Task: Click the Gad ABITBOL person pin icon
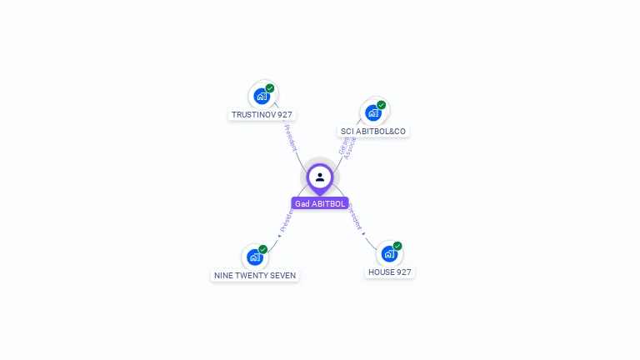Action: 320,177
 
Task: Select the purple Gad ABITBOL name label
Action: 320,203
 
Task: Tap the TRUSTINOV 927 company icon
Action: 262,96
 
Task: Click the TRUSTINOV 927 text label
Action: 262,114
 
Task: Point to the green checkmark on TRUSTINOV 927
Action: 270,88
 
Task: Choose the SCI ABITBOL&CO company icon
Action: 373,112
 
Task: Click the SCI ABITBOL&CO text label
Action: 373,131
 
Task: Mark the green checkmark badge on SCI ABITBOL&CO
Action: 381,105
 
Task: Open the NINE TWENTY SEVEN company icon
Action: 255,257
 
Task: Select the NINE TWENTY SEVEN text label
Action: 255,275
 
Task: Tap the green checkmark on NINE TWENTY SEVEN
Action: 262,249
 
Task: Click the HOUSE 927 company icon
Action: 389,253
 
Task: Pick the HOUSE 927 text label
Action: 390,272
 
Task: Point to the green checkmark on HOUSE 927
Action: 397,246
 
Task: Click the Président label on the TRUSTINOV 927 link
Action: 290,137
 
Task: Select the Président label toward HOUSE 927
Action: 356,216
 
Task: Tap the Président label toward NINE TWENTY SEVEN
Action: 286,221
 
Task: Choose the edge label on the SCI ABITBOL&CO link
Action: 347,145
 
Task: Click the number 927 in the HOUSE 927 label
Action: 402,272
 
